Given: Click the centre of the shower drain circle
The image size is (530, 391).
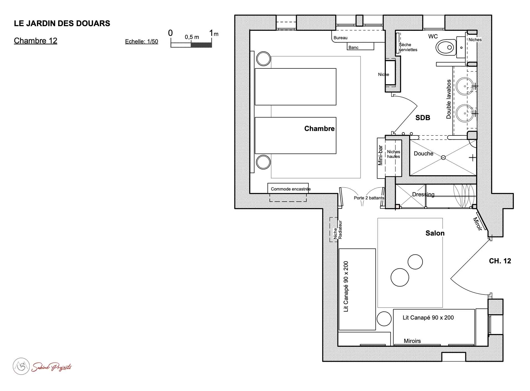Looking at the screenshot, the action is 443,157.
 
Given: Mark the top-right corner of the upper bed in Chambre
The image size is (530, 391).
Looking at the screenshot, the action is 336,68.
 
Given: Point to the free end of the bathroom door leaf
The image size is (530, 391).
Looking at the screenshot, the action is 417,106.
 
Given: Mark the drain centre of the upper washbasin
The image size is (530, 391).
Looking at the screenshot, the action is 465,86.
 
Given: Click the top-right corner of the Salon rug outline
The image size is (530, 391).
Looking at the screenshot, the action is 442,218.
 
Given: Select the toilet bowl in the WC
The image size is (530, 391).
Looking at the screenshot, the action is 446,47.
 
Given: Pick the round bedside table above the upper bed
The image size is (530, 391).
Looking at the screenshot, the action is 263,58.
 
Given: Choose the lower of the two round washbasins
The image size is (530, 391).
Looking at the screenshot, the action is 464,113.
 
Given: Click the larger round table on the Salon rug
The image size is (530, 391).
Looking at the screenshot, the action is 400,277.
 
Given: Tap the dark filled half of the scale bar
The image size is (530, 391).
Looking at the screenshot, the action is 201,45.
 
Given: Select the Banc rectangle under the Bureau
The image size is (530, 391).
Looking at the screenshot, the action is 360,46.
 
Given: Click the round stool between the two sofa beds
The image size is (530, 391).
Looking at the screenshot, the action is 384,319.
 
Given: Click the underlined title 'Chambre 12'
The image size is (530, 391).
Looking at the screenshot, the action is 36,41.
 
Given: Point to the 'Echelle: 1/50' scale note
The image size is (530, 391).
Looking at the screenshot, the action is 141,41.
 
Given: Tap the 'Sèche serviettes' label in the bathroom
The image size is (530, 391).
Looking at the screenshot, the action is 408,47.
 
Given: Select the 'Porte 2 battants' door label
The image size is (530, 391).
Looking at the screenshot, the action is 369,198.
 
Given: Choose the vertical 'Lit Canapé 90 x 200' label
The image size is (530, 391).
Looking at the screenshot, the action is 346,286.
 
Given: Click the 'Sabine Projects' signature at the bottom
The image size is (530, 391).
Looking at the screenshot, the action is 51,367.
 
